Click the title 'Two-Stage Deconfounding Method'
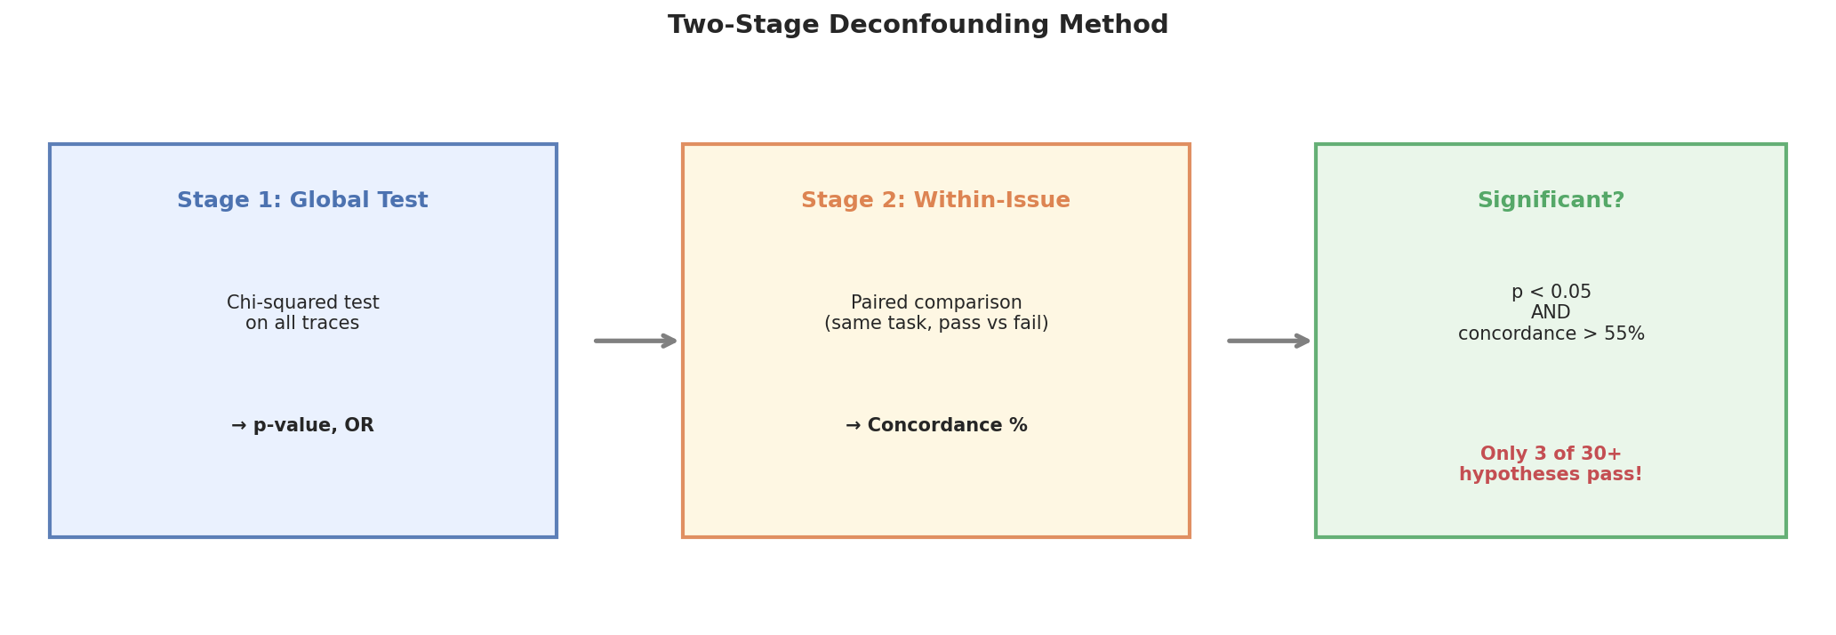click(x=918, y=25)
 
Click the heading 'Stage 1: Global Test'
click(x=302, y=201)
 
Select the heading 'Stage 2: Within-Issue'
click(x=935, y=201)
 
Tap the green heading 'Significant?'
click(x=1551, y=201)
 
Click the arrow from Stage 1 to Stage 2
click(x=636, y=341)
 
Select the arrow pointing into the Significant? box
click(x=1269, y=341)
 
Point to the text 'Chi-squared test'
click(x=302, y=303)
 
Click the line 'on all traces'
click(x=302, y=324)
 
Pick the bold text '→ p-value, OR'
click(x=302, y=426)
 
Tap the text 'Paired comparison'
click(x=936, y=303)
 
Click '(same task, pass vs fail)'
click(x=936, y=324)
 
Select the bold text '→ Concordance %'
click(x=936, y=426)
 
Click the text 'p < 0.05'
click(x=1551, y=293)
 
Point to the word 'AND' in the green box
click(x=1551, y=313)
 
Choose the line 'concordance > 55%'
click(x=1551, y=334)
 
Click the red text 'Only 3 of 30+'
click(x=1551, y=454)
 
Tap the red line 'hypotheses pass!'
click(x=1551, y=475)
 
